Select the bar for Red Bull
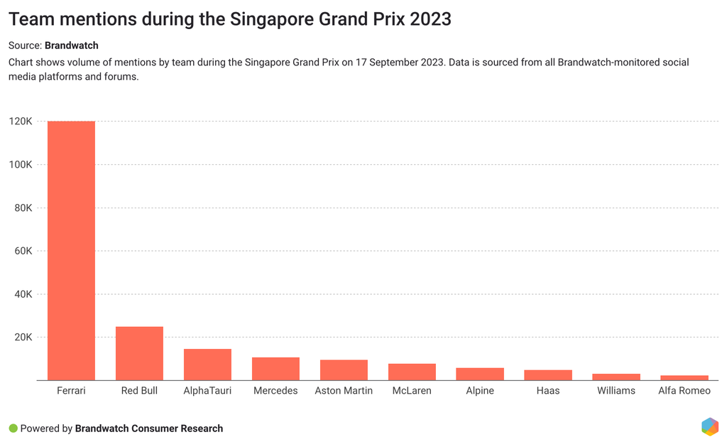pos(139,353)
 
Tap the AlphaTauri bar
pos(207,365)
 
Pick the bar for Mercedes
pos(275,369)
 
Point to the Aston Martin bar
pos(344,370)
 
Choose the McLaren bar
pos(412,372)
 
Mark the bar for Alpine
pos(480,374)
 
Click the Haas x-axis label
pos(548,391)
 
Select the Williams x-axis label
pos(616,391)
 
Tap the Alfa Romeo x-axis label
pos(684,391)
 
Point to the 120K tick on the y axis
pos(21,122)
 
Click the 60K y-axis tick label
pos(23,251)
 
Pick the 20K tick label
pos(23,338)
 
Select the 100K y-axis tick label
pos(21,165)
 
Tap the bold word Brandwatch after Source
pos(72,45)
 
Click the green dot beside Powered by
pos(13,429)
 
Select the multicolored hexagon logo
pos(709,426)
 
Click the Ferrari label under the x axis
pos(71,391)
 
